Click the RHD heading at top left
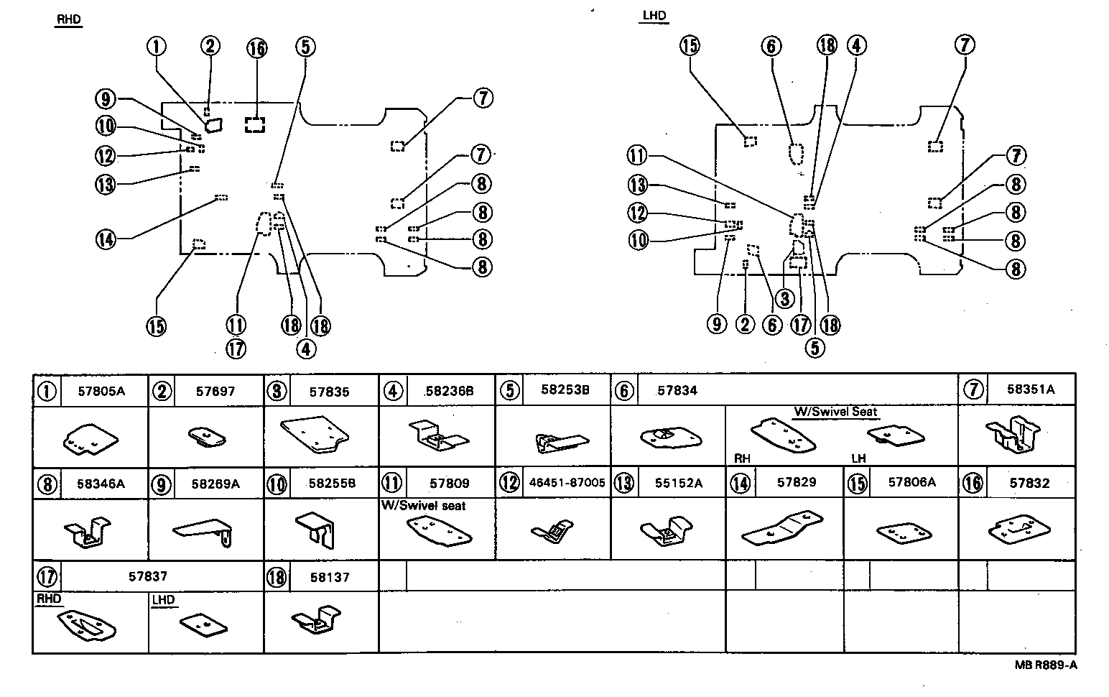pos(68,20)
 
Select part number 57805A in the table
pos(101,392)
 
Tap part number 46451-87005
pos(567,484)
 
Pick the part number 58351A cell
pos(1030,389)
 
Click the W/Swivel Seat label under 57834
pos(835,412)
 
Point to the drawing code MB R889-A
pos(1046,665)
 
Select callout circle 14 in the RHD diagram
pos(106,239)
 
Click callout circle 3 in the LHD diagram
pos(784,297)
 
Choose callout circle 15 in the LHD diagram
pos(689,46)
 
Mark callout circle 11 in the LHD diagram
pos(636,156)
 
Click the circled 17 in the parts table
pos(47,576)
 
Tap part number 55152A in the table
pos(678,484)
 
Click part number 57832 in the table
pos(1029,484)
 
